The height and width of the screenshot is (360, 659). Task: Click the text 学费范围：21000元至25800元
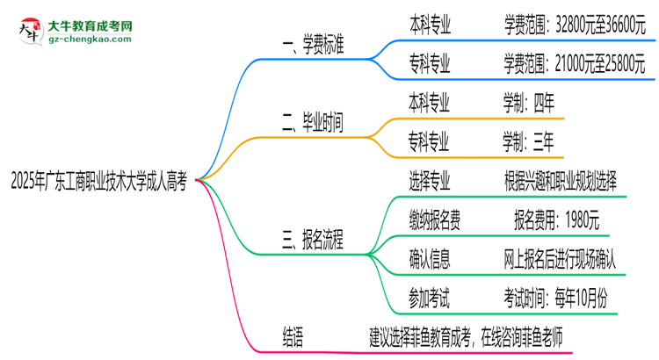(x=575, y=62)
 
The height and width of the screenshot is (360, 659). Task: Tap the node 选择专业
(x=430, y=181)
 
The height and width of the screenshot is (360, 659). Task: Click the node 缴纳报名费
(x=435, y=220)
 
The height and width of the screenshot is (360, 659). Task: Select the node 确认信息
(x=430, y=258)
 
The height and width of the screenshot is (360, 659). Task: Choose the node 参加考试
(x=430, y=297)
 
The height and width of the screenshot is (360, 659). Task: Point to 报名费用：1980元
(x=556, y=220)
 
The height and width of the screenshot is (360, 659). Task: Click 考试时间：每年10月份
(x=554, y=297)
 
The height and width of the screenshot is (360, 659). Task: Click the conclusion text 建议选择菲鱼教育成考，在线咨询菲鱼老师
(x=465, y=334)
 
